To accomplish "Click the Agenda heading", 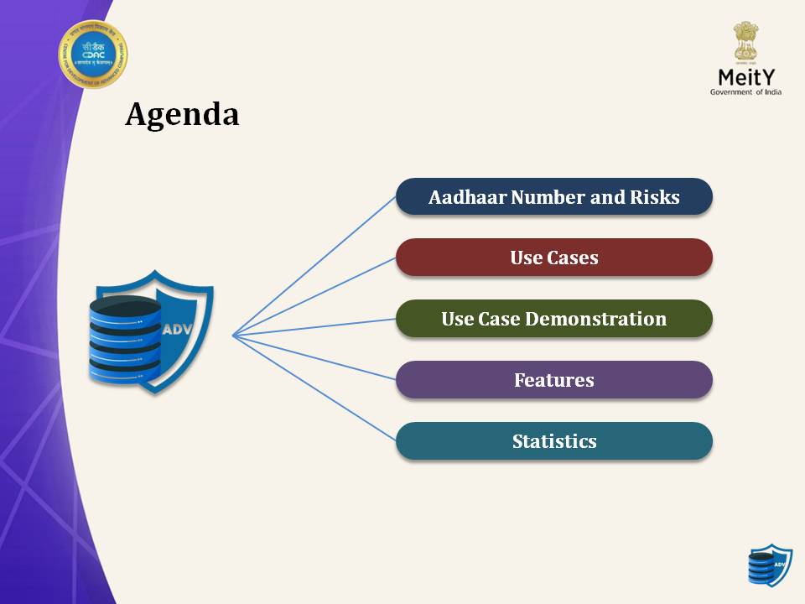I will coord(182,115).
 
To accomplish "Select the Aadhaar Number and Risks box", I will coord(553,197).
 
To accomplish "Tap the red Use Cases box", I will coord(553,258).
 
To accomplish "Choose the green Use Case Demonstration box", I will coord(553,319).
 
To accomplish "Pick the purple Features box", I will coord(553,380).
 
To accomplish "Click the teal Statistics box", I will coord(553,441).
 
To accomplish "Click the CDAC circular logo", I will coord(92,55).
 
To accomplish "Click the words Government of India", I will coord(745,92).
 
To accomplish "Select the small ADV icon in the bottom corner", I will coord(769,565).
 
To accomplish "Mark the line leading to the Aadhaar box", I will coord(314,266).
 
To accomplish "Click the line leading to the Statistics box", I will coord(314,388).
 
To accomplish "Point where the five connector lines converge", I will coord(233,336).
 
